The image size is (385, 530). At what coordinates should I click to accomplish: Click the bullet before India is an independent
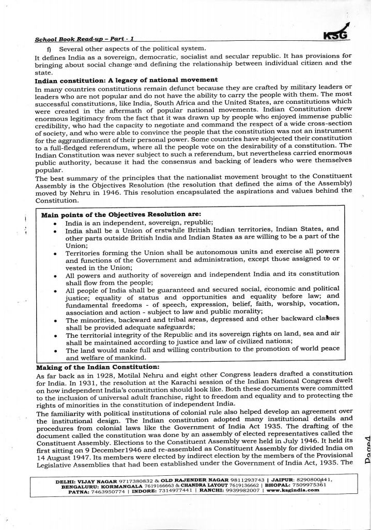[55, 223]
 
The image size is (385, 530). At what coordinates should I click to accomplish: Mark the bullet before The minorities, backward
[55, 320]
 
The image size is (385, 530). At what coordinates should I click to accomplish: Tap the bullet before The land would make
[55, 350]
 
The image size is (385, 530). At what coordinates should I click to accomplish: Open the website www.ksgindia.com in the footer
[293, 491]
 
